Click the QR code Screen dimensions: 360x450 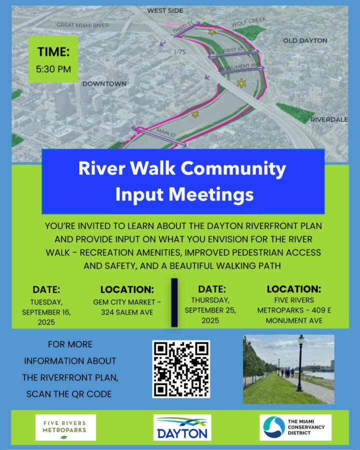click(181, 369)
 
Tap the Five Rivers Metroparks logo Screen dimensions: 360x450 click(65, 427)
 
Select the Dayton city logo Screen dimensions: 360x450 click(182, 427)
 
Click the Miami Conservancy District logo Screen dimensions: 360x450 click(295, 427)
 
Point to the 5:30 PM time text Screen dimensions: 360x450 click(53, 69)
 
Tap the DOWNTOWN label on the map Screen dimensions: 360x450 click(104, 84)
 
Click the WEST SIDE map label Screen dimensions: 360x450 click(165, 10)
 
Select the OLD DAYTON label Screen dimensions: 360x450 click(305, 41)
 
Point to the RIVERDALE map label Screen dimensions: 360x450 click(329, 119)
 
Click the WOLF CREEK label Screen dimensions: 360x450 click(249, 21)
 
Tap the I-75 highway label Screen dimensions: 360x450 click(180, 52)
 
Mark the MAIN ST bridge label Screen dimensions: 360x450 click(166, 132)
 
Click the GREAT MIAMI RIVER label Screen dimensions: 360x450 click(82, 25)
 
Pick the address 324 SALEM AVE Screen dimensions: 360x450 click(127, 312)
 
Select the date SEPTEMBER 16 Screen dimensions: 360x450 click(46, 312)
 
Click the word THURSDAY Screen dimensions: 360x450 click(210, 300)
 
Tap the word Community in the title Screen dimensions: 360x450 click(233, 168)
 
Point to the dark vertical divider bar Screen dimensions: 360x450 click(174, 302)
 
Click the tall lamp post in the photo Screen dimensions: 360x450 click(300, 363)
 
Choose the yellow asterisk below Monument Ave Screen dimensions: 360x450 click(241, 83)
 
